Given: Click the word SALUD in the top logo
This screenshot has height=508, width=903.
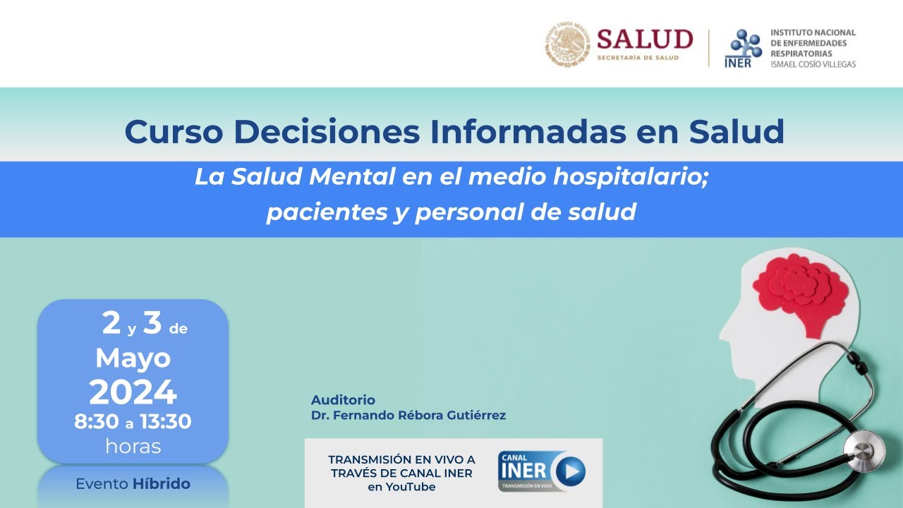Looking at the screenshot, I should (x=645, y=39).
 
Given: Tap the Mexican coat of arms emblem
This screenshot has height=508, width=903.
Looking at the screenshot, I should (x=567, y=44).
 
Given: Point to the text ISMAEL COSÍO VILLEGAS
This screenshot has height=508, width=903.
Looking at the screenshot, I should (x=813, y=64).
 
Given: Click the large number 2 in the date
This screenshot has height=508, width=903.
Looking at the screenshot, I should (x=111, y=323).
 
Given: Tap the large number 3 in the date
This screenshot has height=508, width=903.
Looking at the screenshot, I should (x=152, y=323).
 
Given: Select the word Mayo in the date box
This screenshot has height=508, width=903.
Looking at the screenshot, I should (x=133, y=358).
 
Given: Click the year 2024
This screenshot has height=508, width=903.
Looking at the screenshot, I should (x=133, y=392).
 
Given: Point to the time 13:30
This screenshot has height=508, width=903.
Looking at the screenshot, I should (x=165, y=422).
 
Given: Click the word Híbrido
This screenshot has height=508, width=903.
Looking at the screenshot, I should (x=162, y=484).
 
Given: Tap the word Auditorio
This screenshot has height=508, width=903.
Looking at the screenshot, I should (x=343, y=400).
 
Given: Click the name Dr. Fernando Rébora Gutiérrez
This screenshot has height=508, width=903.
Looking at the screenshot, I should (x=408, y=416).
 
